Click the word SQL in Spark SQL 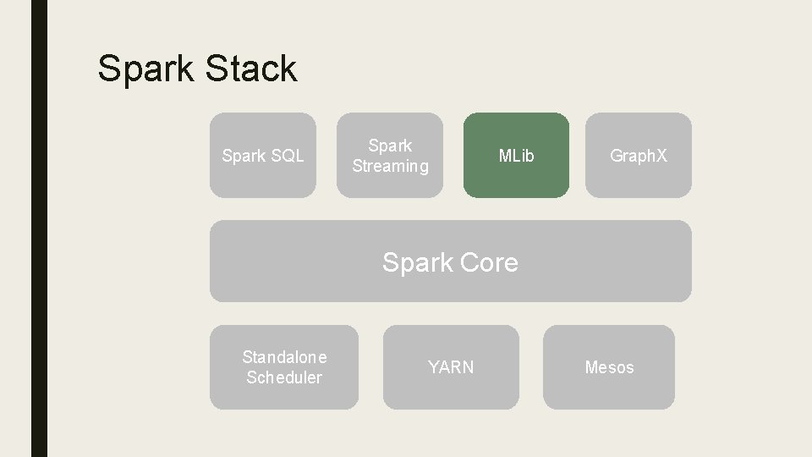tap(287, 156)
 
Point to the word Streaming tap(390, 167)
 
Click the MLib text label tap(516, 156)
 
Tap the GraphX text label tap(639, 156)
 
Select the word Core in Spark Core tap(489, 262)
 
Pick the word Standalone tap(284, 357)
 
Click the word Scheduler tap(284, 377)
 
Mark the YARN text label tap(451, 367)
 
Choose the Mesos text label tap(609, 367)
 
